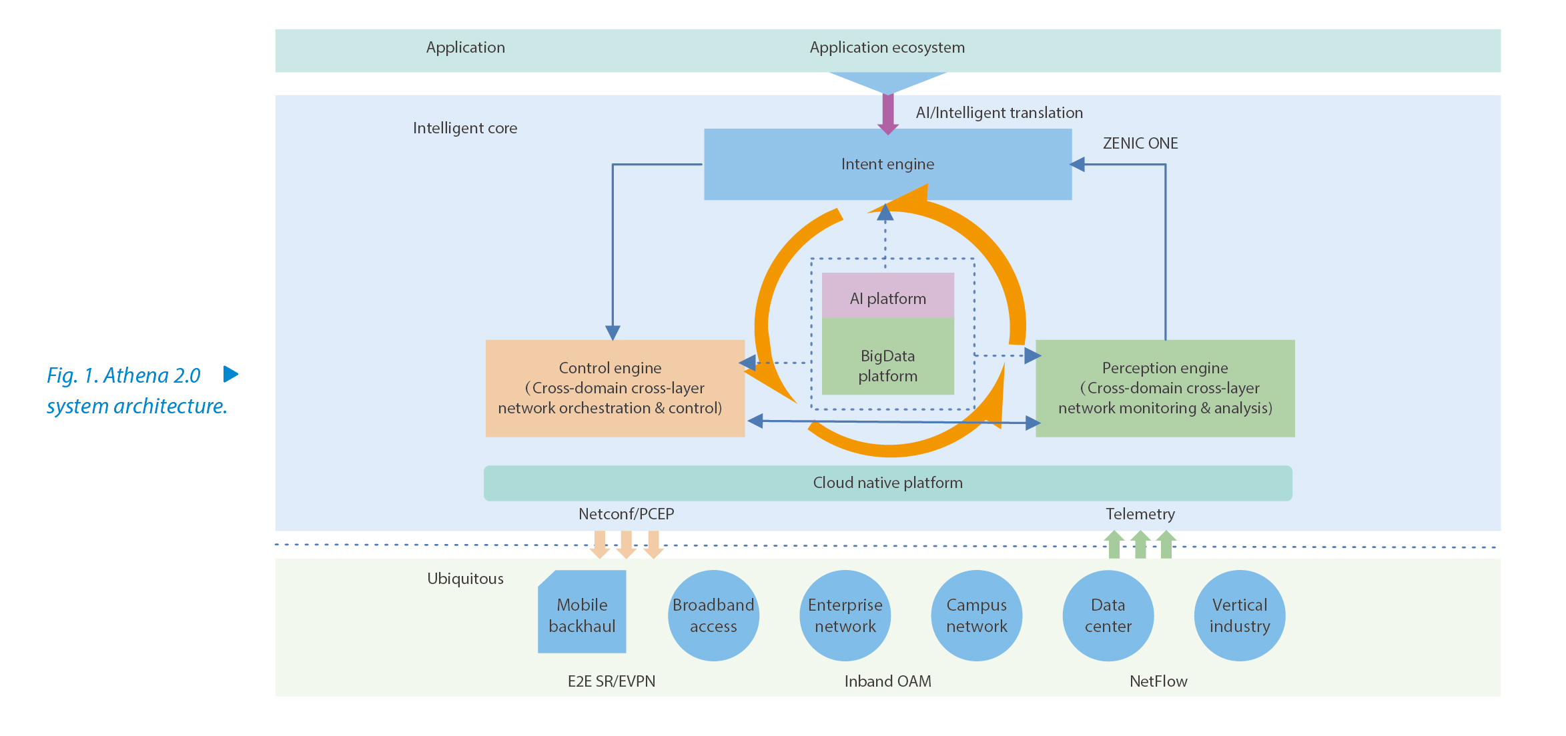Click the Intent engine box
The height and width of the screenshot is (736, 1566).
click(x=887, y=164)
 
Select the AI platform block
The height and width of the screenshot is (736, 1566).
click(x=887, y=297)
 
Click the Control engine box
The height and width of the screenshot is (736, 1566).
click(x=615, y=388)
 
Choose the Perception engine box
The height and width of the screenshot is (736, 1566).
click(x=1164, y=388)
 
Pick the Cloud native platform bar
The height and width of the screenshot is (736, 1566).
click(x=887, y=483)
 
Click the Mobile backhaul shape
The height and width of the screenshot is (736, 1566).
click(x=582, y=613)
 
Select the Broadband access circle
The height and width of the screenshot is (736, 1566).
click(x=713, y=615)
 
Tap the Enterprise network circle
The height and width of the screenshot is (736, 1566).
click(x=845, y=615)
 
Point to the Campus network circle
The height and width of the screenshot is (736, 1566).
click(x=976, y=615)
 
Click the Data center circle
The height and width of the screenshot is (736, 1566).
click(x=1108, y=615)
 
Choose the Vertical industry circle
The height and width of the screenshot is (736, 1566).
click(x=1239, y=615)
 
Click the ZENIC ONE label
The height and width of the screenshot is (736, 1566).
click(x=1140, y=143)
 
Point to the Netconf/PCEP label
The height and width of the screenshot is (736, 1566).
click(x=626, y=514)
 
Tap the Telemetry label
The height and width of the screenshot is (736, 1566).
click(x=1140, y=514)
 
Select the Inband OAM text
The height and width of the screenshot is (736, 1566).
click(x=887, y=681)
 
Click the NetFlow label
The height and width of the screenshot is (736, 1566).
click(x=1158, y=681)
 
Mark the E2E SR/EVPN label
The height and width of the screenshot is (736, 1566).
click(x=611, y=681)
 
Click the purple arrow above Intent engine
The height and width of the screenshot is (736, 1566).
click(x=887, y=113)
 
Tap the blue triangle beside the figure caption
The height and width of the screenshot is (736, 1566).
click(x=230, y=374)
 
